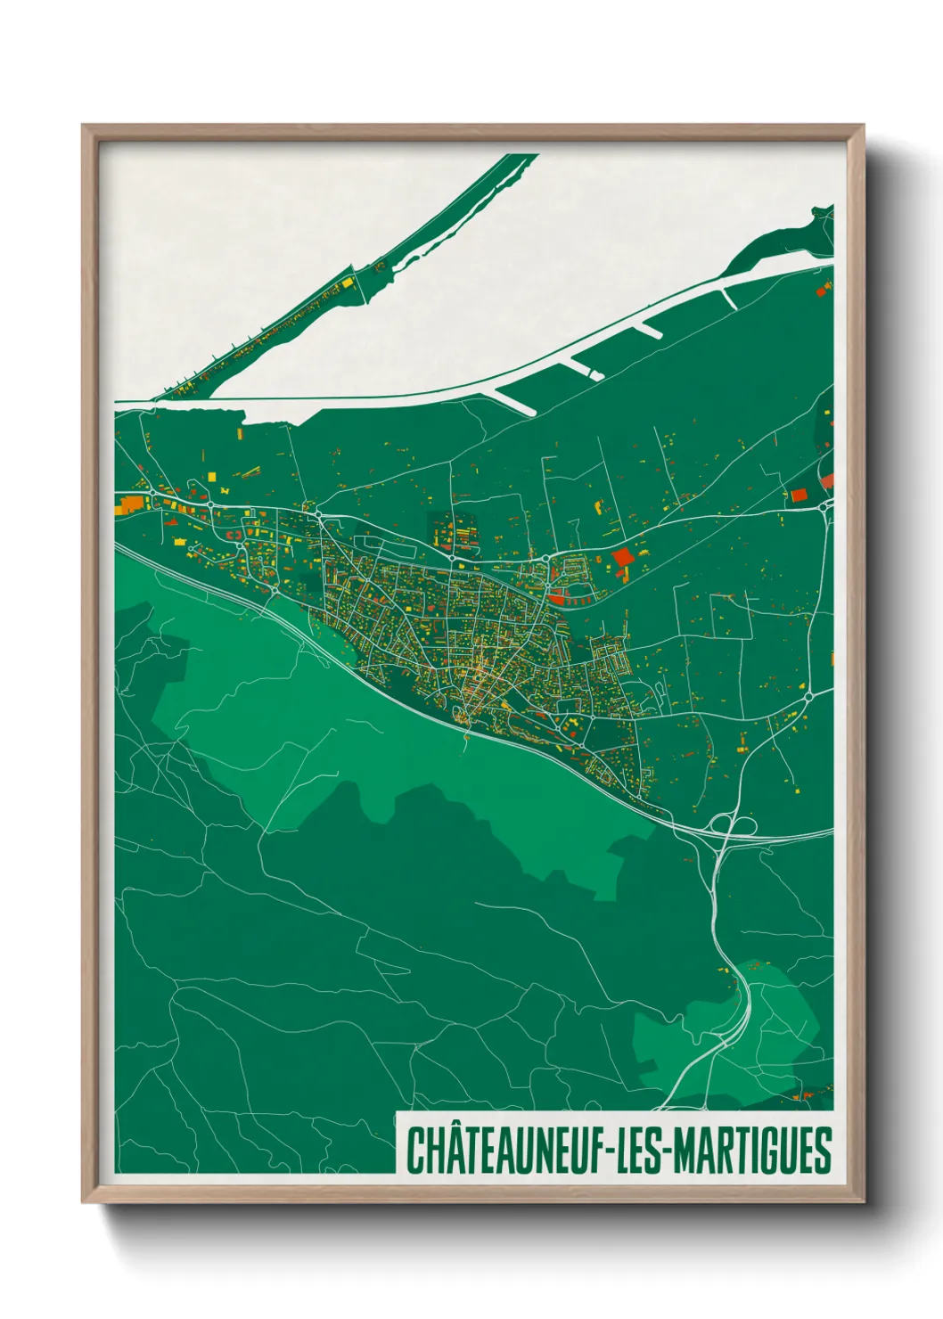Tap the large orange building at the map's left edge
coord(129,504)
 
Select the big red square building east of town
coord(621,556)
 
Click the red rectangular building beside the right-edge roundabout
coord(799,495)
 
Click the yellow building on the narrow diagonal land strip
coord(346,283)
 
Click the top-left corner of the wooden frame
coord(84,127)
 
